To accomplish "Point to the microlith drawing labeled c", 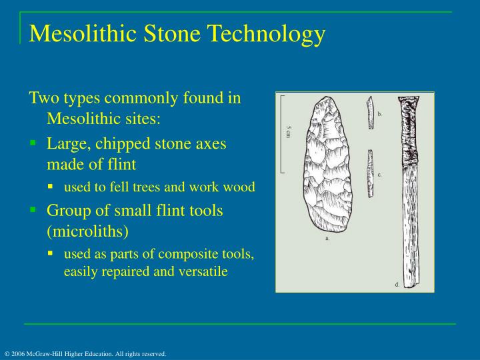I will (x=370, y=173).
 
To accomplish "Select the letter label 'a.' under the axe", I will (x=327, y=237).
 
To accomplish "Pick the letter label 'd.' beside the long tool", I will (x=397, y=285).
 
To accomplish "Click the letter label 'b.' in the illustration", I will (x=380, y=114).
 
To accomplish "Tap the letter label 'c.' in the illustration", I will (x=379, y=174).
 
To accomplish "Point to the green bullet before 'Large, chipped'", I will (x=33, y=143).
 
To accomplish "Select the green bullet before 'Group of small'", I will (x=33, y=209).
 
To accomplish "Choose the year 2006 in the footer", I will (x=17, y=353).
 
